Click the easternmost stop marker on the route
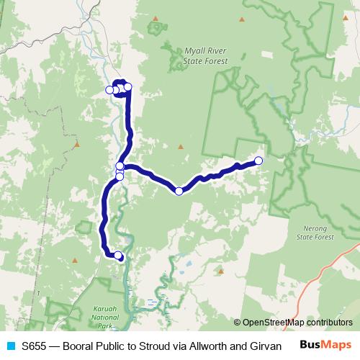coord(258,160)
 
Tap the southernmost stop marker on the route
coord(118,255)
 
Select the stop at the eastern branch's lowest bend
coord(179,191)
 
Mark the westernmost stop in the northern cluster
coord(109,90)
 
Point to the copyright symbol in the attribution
coord(237,323)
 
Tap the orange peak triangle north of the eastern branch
coord(181,148)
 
